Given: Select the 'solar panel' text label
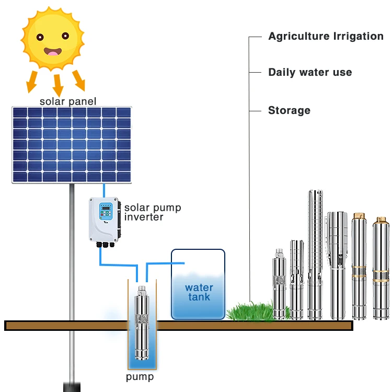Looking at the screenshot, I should (x=68, y=101).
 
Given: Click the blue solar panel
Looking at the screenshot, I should (x=72, y=144).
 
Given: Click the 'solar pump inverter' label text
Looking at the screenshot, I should (x=152, y=212).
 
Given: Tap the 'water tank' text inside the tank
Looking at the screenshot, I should (x=199, y=292).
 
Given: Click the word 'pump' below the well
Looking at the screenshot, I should (x=140, y=377).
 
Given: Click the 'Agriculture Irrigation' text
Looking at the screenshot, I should (x=326, y=36).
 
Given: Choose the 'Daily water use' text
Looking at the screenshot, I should (x=310, y=72).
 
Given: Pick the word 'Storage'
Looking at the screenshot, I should (x=289, y=110).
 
